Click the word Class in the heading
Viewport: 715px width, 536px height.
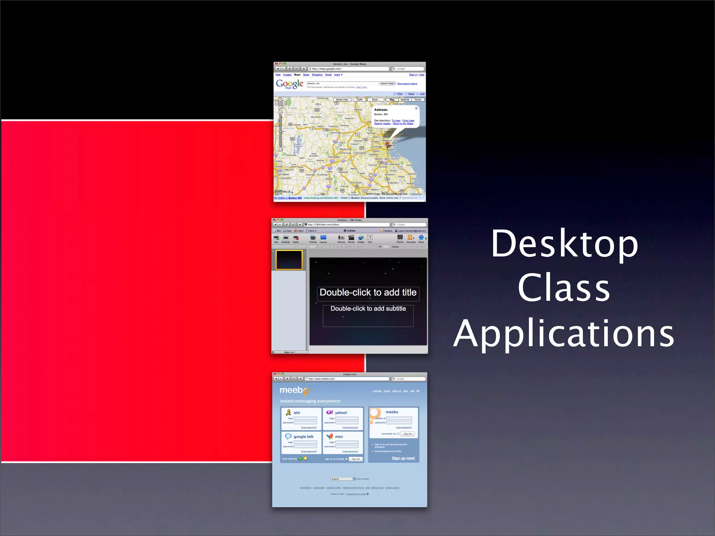(x=563, y=288)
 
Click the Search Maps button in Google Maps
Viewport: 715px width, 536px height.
(x=388, y=83)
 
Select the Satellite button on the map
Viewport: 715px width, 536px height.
(x=405, y=100)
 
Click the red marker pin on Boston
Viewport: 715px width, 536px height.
(x=387, y=144)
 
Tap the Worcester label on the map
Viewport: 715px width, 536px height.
(x=334, y=157)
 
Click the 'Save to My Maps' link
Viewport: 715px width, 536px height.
(x=403, y=124)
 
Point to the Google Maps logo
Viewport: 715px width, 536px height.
(x=289, y=84)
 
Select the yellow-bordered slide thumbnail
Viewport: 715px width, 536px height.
(x=289, y=260)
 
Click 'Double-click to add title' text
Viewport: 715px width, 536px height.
(x=368, y=292)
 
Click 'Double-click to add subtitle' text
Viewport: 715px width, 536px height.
(x=368, y=309)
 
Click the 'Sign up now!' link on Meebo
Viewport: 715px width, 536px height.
(x=403, y=458)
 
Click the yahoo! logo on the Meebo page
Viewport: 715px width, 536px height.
(x=337, y=412)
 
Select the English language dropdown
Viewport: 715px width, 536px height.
(x=343, y=479)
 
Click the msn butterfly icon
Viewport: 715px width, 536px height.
(x=330, y=436)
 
